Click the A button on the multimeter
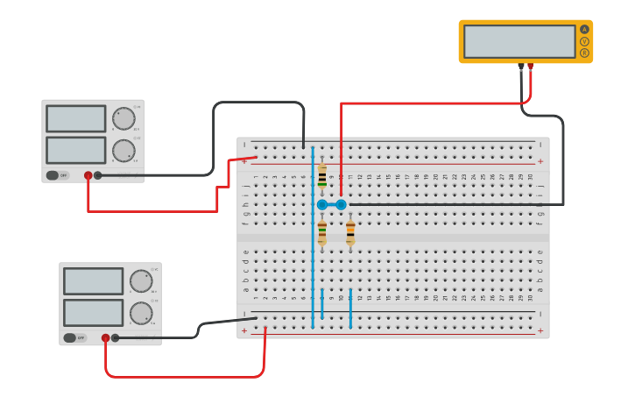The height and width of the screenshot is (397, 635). click(584, 29)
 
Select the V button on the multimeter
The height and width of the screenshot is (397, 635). click(584, 41)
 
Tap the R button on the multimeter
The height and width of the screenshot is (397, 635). click(584, 53)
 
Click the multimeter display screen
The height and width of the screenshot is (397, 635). click(519, 41)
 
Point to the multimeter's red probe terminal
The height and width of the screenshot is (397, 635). click(530, 66)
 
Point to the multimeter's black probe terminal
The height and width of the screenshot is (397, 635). click(521, 66)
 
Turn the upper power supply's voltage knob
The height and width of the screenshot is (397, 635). click(123, 118)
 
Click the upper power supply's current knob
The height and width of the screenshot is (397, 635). click(123, 150)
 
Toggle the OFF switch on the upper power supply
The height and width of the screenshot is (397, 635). click(58, 175)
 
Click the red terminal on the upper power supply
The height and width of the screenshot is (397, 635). click(88, 175)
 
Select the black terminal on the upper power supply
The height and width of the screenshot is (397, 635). click(98, 175)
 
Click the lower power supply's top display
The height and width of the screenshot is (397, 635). click(93, 281)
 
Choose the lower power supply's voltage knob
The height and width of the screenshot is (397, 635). click(141, 281)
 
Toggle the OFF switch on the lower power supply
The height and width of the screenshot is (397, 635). click(75, 337)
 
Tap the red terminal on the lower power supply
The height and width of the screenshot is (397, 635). click(106, 337)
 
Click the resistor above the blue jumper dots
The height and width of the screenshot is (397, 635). click(322, 176)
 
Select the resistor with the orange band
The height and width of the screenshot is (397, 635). click(350, 232)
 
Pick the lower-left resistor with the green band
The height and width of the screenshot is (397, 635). click(322, 232)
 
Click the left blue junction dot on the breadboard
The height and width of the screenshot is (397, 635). click(322, 204)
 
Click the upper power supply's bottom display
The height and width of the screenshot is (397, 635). click(75, 150)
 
